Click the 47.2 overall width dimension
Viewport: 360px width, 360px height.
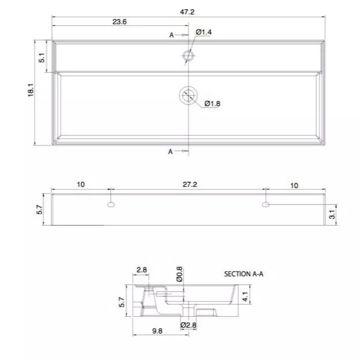tap(187, 12)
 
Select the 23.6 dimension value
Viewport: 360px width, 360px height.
tap(120, 22)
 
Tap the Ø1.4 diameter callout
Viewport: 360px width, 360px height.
tap(204, 32)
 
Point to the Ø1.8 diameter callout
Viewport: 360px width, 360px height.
tap(212, 104)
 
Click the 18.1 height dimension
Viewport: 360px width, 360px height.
tap(31, 90)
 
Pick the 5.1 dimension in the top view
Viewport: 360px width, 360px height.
tap(42, 58)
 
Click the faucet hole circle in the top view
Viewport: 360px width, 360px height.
tap(189, 55)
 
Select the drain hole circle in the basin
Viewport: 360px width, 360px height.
tap(188, 95)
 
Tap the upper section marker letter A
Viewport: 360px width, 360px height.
tap(171, 35)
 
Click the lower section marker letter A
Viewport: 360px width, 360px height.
tap(170, 152)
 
